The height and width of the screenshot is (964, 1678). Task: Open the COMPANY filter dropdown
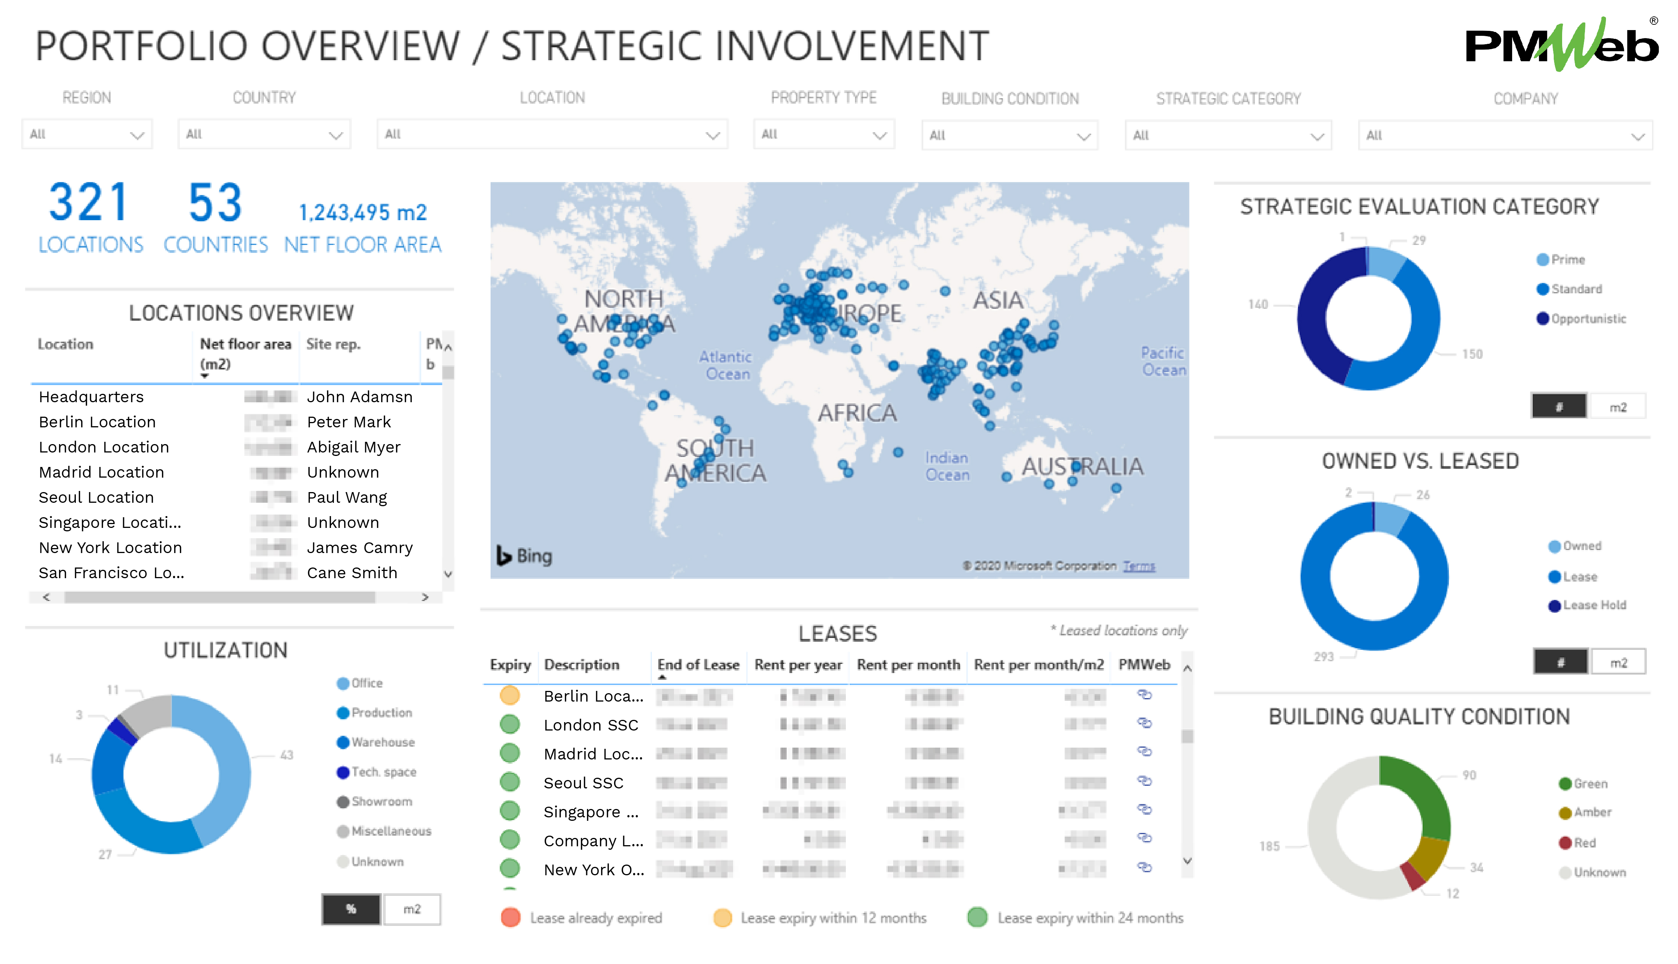1505,136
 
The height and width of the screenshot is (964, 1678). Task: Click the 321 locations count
89,203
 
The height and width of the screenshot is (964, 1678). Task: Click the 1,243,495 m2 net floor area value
363,213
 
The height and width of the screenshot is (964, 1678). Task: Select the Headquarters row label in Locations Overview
91,396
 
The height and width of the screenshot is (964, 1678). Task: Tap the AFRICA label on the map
857,413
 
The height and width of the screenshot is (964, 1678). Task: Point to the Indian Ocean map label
946,466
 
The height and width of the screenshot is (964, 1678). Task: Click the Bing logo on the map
525,556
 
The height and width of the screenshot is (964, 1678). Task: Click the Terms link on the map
1138,566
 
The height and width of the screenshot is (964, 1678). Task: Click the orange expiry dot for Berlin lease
509,695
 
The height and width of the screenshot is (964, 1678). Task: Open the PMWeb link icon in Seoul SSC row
1144,781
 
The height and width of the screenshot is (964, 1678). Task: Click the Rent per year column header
797,665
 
